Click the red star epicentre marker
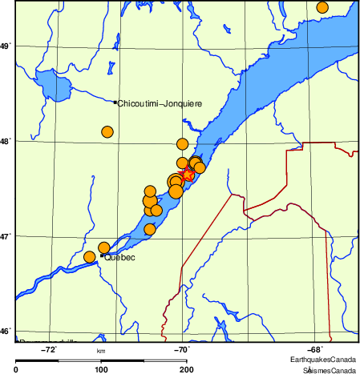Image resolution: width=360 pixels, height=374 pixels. pos(187,175)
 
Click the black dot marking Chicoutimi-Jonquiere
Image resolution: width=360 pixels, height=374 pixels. pos(115,103)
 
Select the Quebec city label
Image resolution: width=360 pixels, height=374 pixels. pos(120,258)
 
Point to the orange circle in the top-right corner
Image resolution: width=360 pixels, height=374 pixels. pos(322,7)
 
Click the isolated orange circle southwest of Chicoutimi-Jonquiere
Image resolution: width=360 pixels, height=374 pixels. pos(107,132)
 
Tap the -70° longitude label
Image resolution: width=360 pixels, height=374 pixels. pos(183,349)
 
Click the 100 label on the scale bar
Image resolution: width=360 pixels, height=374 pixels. pos(101,369)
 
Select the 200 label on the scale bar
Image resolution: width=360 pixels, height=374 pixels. pos(186,369)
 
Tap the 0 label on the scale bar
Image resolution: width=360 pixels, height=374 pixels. pos(17,369)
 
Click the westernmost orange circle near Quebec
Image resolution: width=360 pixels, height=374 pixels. pos(90,257)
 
